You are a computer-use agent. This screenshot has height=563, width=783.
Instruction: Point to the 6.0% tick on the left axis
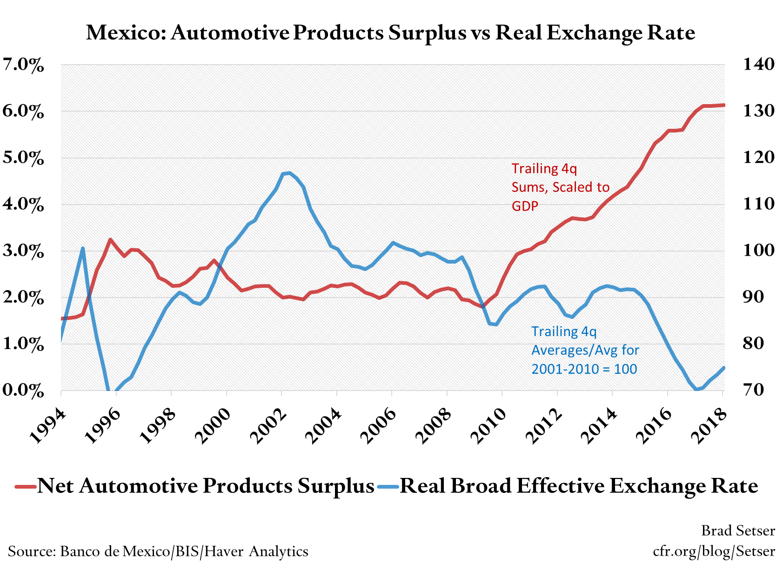[x=23, y=112]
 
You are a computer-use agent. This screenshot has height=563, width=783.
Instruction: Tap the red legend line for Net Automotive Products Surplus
[x=25, y=487]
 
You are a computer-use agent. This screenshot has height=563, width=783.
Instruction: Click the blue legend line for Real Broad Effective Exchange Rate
[x=388, y=487]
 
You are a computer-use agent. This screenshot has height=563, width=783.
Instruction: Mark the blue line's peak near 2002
[x=289, y=173]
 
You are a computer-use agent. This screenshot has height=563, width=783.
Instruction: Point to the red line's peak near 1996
[x=110, y=239]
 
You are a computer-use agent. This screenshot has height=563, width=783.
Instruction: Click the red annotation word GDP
[x=525, y=206]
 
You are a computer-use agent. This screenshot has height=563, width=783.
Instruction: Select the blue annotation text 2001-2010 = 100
[x=584, y=369]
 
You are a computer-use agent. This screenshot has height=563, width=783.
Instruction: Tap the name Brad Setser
[x=738, y=530]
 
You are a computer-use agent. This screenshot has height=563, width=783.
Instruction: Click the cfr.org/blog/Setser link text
[x=714, y=551]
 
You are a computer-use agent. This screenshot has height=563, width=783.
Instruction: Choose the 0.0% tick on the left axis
[x=23, y=391]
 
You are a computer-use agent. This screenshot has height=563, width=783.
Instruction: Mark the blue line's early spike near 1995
[x=83, y=248]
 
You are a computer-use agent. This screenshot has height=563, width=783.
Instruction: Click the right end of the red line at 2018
[x=723, y=105]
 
